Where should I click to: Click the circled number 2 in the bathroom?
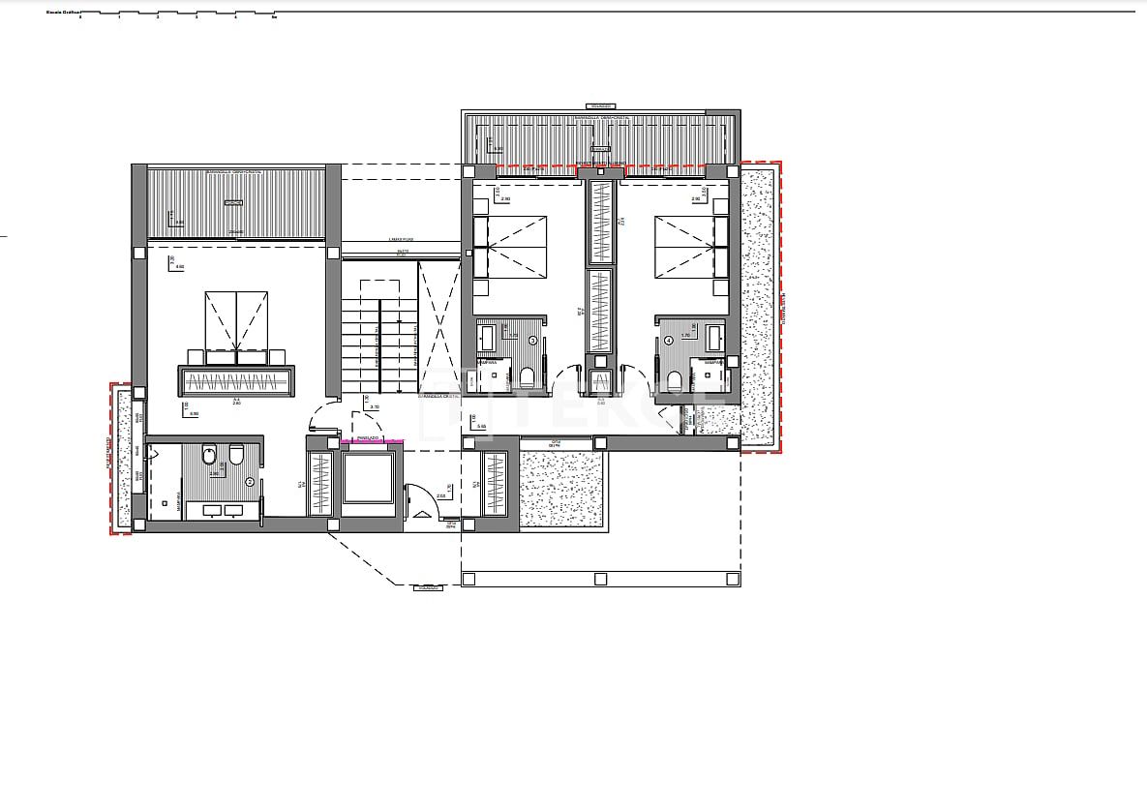click(x=250, y=481)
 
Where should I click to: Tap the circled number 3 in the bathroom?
click(x=533, y=340)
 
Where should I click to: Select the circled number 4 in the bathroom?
click(x=669, y=340)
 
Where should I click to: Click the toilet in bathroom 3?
click(x=528, y=377)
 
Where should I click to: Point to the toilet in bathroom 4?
click(x=675, y=378)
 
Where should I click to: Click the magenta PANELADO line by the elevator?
click(x=372, y=441)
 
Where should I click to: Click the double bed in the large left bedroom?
click(x=236, y=324)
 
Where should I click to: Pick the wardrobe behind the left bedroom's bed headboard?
click(x=236, y=380)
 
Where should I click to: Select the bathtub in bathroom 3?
click(x=488, y=337)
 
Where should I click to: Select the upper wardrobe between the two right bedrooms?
click(x=602, y=222)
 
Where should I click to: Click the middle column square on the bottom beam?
click(x=600, y=579)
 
